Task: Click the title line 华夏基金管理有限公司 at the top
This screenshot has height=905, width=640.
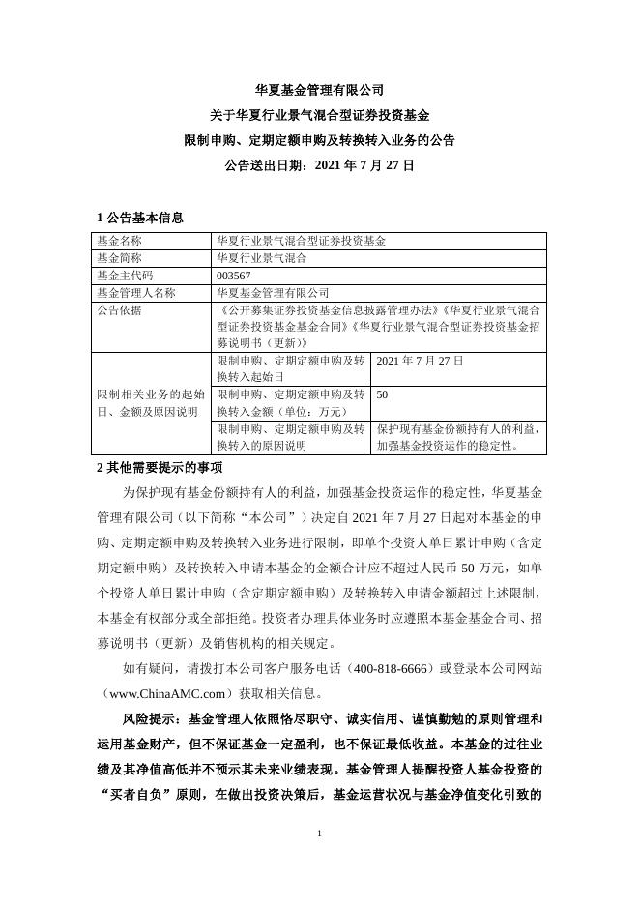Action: click(319, 90)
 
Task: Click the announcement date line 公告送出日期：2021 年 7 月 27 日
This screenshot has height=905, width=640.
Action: click(319, 165)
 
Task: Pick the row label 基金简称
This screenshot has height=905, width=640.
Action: click(119, 258)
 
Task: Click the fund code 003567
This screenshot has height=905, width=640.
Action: click(234, 276)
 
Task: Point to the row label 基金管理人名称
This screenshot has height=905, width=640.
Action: click(136, 292)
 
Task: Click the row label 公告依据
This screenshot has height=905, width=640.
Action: click(119, 309)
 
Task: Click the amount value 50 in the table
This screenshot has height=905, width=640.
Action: click(382, 394)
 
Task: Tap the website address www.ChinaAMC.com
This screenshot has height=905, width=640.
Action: click(168, 693)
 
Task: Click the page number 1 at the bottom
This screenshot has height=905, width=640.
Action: click(319, 832)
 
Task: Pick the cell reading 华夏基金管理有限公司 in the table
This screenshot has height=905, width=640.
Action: click(274, 292)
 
